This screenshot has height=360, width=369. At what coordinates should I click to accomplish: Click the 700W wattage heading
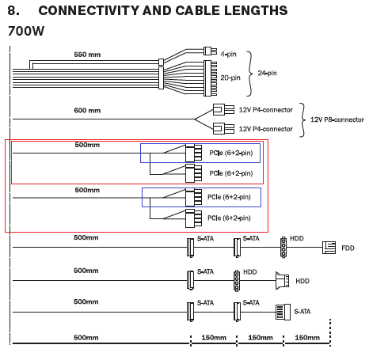tap(26, 31)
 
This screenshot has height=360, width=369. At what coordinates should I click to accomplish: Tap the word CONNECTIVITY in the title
tap(89, 10)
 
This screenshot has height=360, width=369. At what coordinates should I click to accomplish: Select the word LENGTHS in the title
tap(256, 10)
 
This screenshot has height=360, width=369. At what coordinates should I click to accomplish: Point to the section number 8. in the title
tap(13, 10)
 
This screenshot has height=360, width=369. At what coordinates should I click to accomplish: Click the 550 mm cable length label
tap(87, 55)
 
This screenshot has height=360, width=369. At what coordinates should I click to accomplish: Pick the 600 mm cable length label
tap(87, 110)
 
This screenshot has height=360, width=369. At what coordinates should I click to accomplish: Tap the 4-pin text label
tap(229, 54)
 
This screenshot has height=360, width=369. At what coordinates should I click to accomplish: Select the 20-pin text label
tap(230, 78)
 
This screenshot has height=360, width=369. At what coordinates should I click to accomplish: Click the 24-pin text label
tap(268, 73)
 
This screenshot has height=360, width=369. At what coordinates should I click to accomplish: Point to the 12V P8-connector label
tap(337, 119)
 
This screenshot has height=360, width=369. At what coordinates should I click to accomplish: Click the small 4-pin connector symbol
tap(210, 51)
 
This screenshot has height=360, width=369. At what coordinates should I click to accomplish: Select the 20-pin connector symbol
tap(211, 78)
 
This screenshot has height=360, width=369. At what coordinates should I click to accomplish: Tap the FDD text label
tap(348, 248)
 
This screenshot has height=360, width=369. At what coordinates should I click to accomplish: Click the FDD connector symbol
tap(329, 248)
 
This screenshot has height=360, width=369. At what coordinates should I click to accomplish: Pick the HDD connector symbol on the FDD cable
tap(283, 247)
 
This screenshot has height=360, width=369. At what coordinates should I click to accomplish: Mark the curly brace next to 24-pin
tap(249, 74)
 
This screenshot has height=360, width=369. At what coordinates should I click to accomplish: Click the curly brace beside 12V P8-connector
tap(302, 120)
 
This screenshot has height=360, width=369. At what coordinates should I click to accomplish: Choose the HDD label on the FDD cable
tap(297, 238)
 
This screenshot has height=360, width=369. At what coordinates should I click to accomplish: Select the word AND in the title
tap(157, 10)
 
